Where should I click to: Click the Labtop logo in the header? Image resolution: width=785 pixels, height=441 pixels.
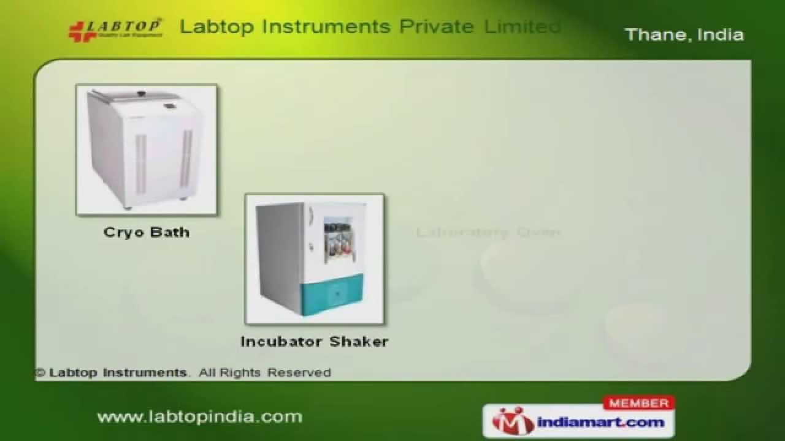point(115,29)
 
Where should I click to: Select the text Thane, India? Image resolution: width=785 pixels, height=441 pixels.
point(684,34)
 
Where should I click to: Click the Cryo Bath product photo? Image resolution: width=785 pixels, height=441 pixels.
point(147,149)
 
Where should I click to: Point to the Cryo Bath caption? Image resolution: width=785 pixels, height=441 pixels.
point(147,232)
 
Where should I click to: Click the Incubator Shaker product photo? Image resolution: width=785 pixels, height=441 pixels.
point(315,259)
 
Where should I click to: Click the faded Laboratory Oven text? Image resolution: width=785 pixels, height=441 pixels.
point(488,232)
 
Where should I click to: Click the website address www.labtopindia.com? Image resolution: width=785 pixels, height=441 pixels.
point(200,417)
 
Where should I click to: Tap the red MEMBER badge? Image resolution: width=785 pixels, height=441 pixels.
point(639,403)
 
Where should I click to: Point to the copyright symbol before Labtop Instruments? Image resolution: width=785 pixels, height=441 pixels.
point(40,373)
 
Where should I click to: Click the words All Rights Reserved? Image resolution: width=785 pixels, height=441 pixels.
point(265,372)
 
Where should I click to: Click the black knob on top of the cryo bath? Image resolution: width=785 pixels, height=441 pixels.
point(141,94)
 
